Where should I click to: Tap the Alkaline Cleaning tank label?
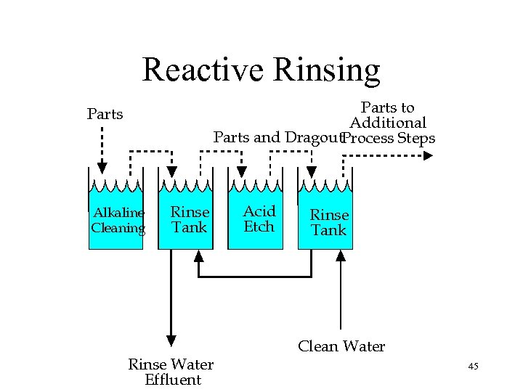pyautogui.click(x=118, y=220)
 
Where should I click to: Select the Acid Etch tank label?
pyautogui.click(x=259, y=219)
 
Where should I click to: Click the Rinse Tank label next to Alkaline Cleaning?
pyautogui.click(x=190, y=219)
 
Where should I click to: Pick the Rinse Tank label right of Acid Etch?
pyautogui.click(x=329, y=222)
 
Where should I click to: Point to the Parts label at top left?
pyautogui.click(x=105, y=114)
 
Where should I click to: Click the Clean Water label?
pyautogui.click(x=341, y=346)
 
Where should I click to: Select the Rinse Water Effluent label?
pyautogui.click(x=171, y=371)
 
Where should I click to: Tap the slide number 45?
pyautogui.click(x=473, y=367)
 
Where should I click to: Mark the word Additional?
pyautogui.click(x=387, y=123)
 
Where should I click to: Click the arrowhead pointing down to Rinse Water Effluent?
pyautogui.click(x=171, y=338)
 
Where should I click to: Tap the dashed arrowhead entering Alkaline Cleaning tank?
pyautogui.click(x=102, y=168)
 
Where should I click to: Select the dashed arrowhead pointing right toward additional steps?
pyautogui.click(x=427, y=154)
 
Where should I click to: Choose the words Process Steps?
pyautogui.click(x=389, y=138)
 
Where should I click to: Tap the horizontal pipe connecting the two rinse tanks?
pyautogui.click(x=269, y=277)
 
